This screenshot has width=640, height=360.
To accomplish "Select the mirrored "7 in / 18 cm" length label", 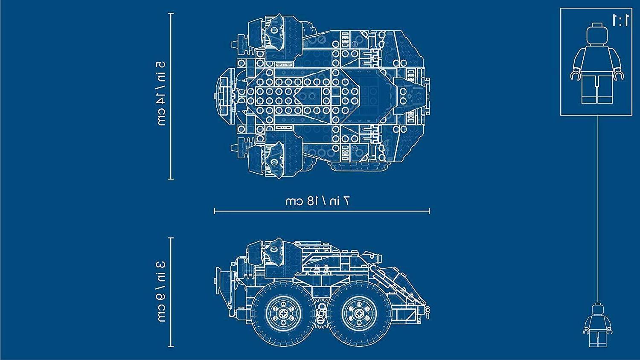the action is click(318, 201).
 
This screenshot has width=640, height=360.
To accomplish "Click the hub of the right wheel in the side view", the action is click(359, 314).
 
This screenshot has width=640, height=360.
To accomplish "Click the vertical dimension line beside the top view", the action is click(171, 96).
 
